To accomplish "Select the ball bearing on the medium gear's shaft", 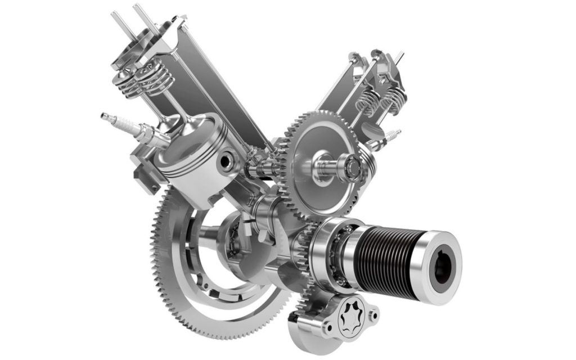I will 353,165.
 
